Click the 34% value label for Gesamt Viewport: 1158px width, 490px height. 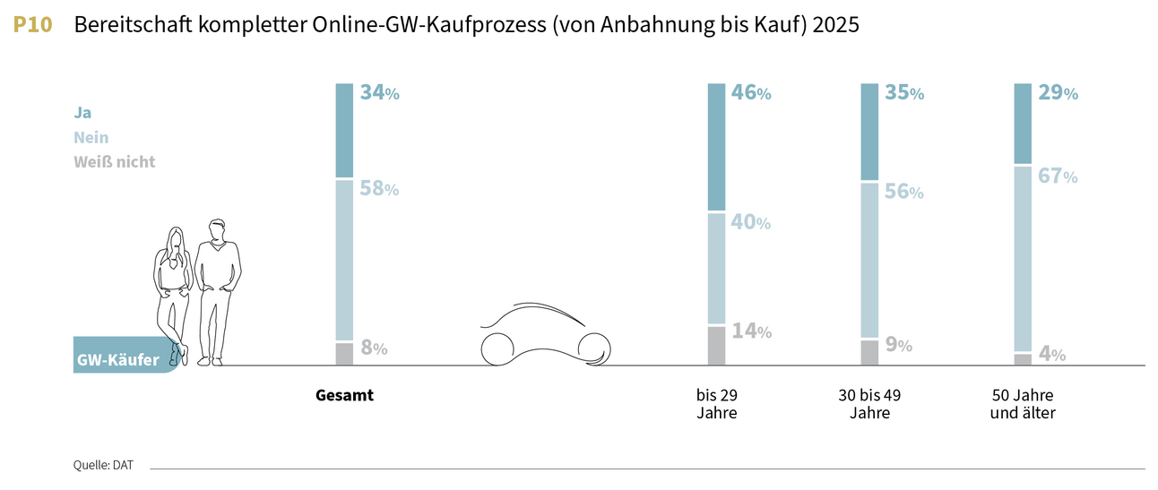click(379, 92)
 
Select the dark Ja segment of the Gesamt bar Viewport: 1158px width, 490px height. click(344, 130)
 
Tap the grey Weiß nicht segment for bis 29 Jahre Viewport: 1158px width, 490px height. click(716, 346)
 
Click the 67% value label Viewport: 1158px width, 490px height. click(1058, 176)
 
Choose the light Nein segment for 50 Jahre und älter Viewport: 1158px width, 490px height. click(1023, 259)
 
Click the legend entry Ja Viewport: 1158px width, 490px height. click(82, 113)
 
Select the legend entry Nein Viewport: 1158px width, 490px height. click(91, 138)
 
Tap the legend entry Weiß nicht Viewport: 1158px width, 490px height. click(114, 162)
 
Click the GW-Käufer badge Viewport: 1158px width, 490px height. click(118, 360)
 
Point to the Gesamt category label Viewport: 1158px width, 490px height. click(344, 395)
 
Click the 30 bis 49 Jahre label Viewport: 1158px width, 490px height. click(869, 404)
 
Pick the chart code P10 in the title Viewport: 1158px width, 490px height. click(33, 25)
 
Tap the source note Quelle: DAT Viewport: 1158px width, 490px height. click(103, 465)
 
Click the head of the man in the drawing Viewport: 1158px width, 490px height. click(216, 230)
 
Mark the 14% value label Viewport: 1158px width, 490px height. click(751, 331)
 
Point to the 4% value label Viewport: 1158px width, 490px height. click(1052, 354)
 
